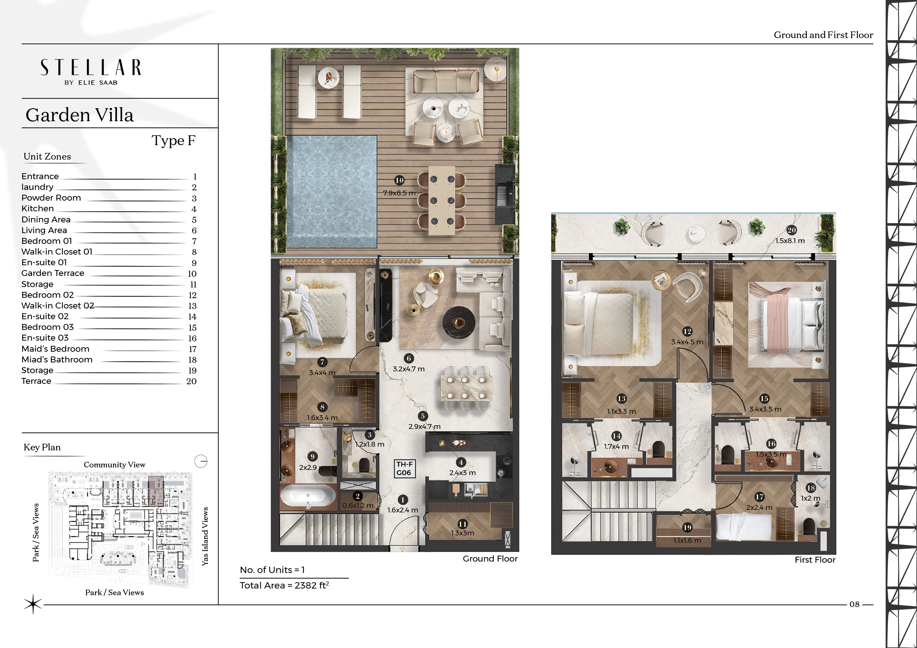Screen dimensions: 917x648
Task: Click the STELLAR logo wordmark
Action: click(91, 68)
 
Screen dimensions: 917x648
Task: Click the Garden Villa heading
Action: click(79, 115)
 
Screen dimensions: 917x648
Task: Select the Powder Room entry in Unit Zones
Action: click(51, 198)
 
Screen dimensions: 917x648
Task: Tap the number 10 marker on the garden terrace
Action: click(399, 180)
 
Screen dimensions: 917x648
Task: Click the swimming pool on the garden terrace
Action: click(332, 191)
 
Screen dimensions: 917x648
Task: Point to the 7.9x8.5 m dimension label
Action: click(399, 193)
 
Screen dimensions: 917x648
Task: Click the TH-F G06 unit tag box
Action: click(405, 468)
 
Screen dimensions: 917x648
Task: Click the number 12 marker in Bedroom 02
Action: click(687, 331)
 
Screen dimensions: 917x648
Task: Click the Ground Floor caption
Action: click(490, 559)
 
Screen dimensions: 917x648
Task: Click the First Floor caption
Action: click(815, 560)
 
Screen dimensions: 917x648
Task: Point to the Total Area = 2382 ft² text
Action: click(284, 585)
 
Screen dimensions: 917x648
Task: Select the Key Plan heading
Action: click(42, 447)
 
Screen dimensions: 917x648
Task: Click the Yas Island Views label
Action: click(205, 536)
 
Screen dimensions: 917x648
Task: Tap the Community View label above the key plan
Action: click(115, 465)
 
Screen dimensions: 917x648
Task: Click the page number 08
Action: click(854, 604)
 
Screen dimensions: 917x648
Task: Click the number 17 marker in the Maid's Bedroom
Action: click(759, 497)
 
